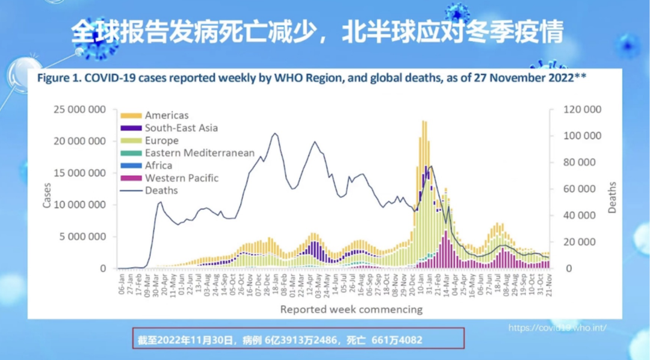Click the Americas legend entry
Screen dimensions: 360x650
166,115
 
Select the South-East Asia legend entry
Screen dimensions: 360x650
181,128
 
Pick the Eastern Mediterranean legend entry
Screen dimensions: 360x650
199,153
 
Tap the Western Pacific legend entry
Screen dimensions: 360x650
181,178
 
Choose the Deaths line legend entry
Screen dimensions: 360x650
161,190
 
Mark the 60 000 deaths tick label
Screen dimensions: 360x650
581,189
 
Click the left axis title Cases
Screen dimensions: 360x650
47,194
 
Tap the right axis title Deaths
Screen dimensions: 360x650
612,197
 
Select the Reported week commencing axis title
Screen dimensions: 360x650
351,309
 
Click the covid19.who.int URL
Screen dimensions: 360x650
557,328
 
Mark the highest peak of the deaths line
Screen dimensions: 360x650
275,134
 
